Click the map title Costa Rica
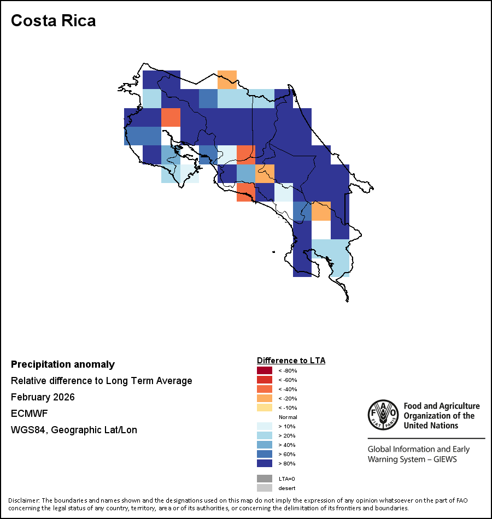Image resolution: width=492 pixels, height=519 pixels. pos(53,21)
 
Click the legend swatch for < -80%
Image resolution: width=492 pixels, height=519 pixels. pos(265,371)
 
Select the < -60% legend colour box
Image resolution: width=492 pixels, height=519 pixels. pos(265,380)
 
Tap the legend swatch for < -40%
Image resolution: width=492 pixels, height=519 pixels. pos(265,390)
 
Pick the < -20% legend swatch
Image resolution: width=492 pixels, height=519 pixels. pos(265,399)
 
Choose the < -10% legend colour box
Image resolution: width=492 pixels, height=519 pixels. pos(265,408)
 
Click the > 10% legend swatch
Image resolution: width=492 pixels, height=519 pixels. pos(265,427)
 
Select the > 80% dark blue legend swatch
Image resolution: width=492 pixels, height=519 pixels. pos(265,464)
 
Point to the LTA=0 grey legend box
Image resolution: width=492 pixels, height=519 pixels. pos(265,479)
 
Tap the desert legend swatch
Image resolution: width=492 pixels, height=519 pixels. pos(265,488)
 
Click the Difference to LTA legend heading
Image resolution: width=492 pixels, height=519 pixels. pos(291,361)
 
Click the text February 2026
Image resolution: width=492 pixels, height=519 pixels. pos(43,397)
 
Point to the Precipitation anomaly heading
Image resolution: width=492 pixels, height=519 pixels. pos(63,364)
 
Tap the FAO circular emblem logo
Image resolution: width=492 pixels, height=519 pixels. pos(383,415)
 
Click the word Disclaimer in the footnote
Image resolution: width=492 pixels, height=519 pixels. pos(24,500)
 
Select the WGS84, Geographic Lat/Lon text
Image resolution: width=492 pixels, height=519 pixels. pos(74,430)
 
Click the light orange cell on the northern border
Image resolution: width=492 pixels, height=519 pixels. pos(227,79)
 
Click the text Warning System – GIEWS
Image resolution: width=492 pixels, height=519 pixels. pos(412,459)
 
